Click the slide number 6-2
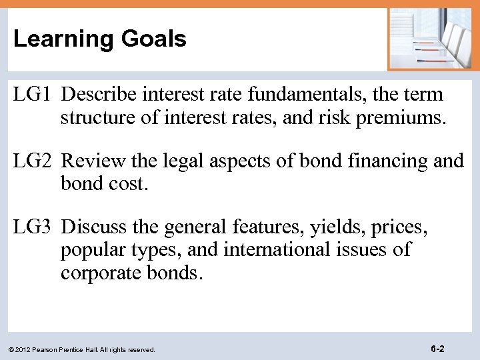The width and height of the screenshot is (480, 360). click(x=437, y=349)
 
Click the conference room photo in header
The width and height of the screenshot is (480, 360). click(x=433, y=38)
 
